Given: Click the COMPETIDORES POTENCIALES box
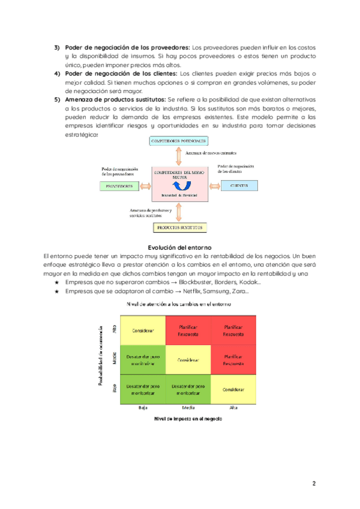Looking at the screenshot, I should click(178, 140).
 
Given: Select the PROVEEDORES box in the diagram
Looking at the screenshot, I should click(119, 186).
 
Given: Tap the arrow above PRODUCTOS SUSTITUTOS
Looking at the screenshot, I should click(179, 212).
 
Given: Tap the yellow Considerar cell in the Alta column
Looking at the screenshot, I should click(233, 389).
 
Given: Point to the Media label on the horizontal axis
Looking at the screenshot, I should click(188, 408).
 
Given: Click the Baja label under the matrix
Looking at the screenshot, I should click(143, 408).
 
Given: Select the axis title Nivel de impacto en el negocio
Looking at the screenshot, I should click(188, 419).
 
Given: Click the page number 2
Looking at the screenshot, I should click(313, 483).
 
